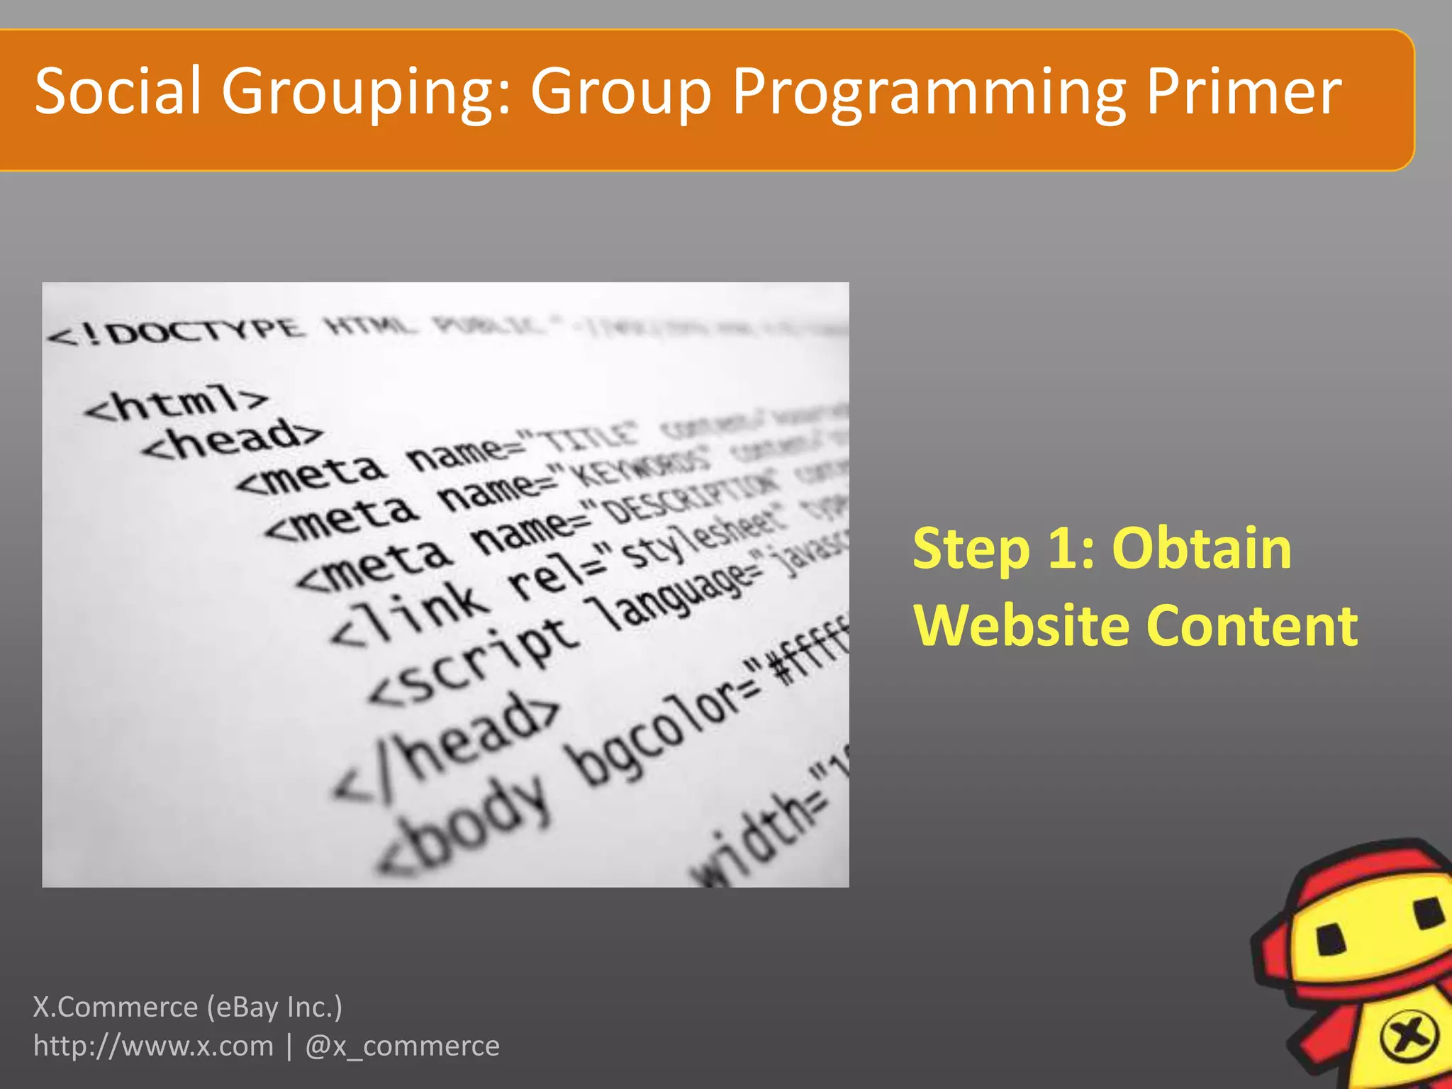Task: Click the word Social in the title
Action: point(118,91)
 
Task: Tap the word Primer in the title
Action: point(1243,91)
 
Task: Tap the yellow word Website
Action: point(1021,625)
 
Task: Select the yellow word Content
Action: point(1252,625)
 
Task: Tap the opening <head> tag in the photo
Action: point(231,439)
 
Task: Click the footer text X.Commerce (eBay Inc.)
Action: point(188,1007)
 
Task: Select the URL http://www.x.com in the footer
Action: point(153,1046)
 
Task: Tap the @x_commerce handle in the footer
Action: point(402,1046)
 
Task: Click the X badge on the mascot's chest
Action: point(1409,1036)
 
